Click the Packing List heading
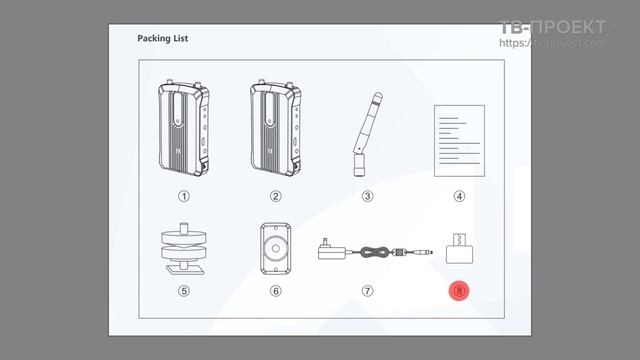pyautogui.click(x=162, y=38)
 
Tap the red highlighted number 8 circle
pyautogui.click(x=459, y=291)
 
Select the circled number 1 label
pyautogui.click(x=184, y=196)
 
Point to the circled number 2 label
pyautogui.click(x=276, y=196)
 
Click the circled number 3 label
pyautogui.click(x=367, y=196)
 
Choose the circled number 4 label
pyautogui.click(x=459, y=196)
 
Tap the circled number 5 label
pyautogui.click(x=184, y=291)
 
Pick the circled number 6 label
pyautogui.click(x=276, y=291)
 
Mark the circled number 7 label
pyautogui.click(x=367, y=291)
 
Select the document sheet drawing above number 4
pyautogui.click(x=459, y=141)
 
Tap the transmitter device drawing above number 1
pyautogui.click(x=184, y=128)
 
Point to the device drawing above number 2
pyautogui.click(x=276, y=128)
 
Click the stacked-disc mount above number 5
pyautogui.click(x=184, y=249)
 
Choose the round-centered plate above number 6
pyautogui.click(x=276, y=249)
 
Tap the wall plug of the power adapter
pyautogui.click(x=332, y=250)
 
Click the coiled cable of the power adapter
pyautogui.click(x=373, y=252)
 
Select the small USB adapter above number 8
pyautogui.click(x=460, y=249)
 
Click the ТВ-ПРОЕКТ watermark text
pyautogui.click(x=552, y=27)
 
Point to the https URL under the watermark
pyautogui.click(x=552, y=43)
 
